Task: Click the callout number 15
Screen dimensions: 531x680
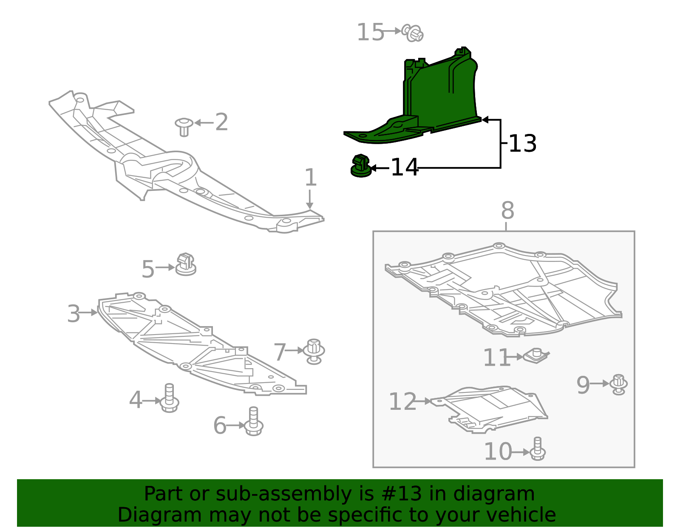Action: click(370, 33)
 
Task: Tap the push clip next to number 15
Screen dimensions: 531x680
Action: click(413, 33)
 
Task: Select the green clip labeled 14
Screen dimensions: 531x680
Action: click(361, 166)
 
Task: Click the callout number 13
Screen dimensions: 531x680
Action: click(522, 144)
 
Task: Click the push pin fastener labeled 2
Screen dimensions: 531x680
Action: click(184, 126)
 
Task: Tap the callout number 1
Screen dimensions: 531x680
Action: click(311, 177)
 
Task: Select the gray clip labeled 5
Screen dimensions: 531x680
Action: click(186, 265)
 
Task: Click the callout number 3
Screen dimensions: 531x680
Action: click(74, 314)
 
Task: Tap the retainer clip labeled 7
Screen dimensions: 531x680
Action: click(314, 351)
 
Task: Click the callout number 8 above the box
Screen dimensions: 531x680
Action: click(507, 210)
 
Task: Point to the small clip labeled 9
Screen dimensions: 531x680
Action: click(618, 384)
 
